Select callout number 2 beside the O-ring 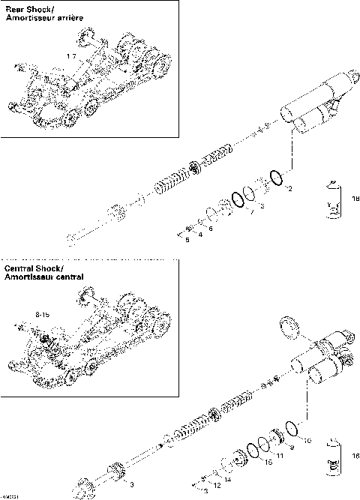(x=289, y=189)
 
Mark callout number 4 (x=200, y=235)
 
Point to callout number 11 (x=279, y=455)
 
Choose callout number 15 (x=268, y=463)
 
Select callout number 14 (x=227, y=478)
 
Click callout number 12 (x=216, y=486)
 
